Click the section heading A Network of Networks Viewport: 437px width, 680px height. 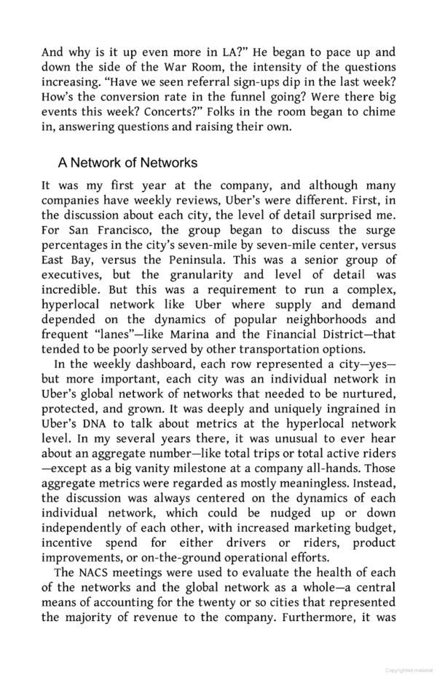click(127, 163)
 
